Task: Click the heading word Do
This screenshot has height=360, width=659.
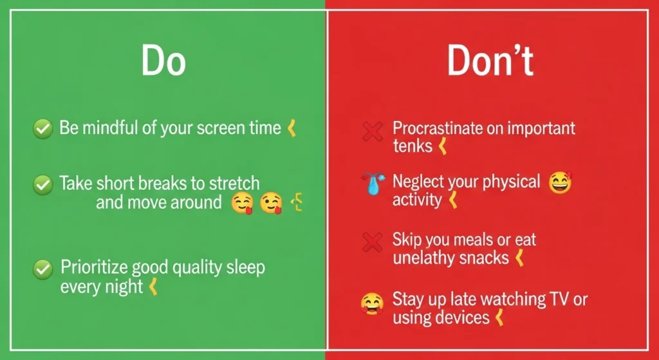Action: click(163, 62)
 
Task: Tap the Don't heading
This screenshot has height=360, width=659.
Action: click(490, 62)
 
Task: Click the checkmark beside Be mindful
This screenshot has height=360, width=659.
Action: click(42, 129)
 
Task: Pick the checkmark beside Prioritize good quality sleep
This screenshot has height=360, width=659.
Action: click(42, 268)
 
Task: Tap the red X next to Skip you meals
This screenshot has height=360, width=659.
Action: click(373, 243)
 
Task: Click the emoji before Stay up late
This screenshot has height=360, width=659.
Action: click(373, 301)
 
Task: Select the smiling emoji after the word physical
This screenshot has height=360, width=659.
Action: click(560, 184)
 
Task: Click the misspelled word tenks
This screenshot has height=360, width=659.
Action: click(413, 146)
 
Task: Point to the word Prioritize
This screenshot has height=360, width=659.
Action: click(92, 267)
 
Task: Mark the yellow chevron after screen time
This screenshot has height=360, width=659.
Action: click(292, 128)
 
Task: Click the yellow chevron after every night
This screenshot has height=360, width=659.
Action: click(153, 287)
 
